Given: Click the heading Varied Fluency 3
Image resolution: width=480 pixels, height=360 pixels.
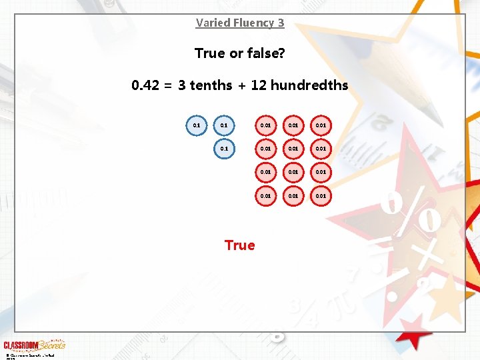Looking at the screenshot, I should pyautogui.click(x=240, y=23).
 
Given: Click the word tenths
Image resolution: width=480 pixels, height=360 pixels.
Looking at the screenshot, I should pyautogui.click(x=209, y=85).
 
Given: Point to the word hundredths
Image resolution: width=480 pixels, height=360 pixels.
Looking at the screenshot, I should pyautogui.click(x=309, y=85).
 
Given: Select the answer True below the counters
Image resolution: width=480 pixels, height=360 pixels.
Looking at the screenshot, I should pyautogui.click(x=239, y=245).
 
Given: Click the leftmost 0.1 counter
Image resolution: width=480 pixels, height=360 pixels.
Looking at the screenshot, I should pyautogui.click(x=196, y=125).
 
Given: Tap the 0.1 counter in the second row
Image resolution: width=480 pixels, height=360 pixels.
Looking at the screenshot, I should pyautogui.click(x=224, y=148).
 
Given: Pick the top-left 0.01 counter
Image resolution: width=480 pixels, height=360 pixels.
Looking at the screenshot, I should pyautogui.click(x=266, y=125).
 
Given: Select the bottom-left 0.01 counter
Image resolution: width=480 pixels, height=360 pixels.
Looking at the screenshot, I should pyautogui.click(x=266, y=196).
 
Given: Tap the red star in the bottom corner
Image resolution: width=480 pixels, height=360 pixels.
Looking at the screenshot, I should pyautogui.click(x=415, y=331).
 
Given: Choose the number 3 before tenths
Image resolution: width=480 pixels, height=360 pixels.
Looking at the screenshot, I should pyautogui.click(x=181, y=85).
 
